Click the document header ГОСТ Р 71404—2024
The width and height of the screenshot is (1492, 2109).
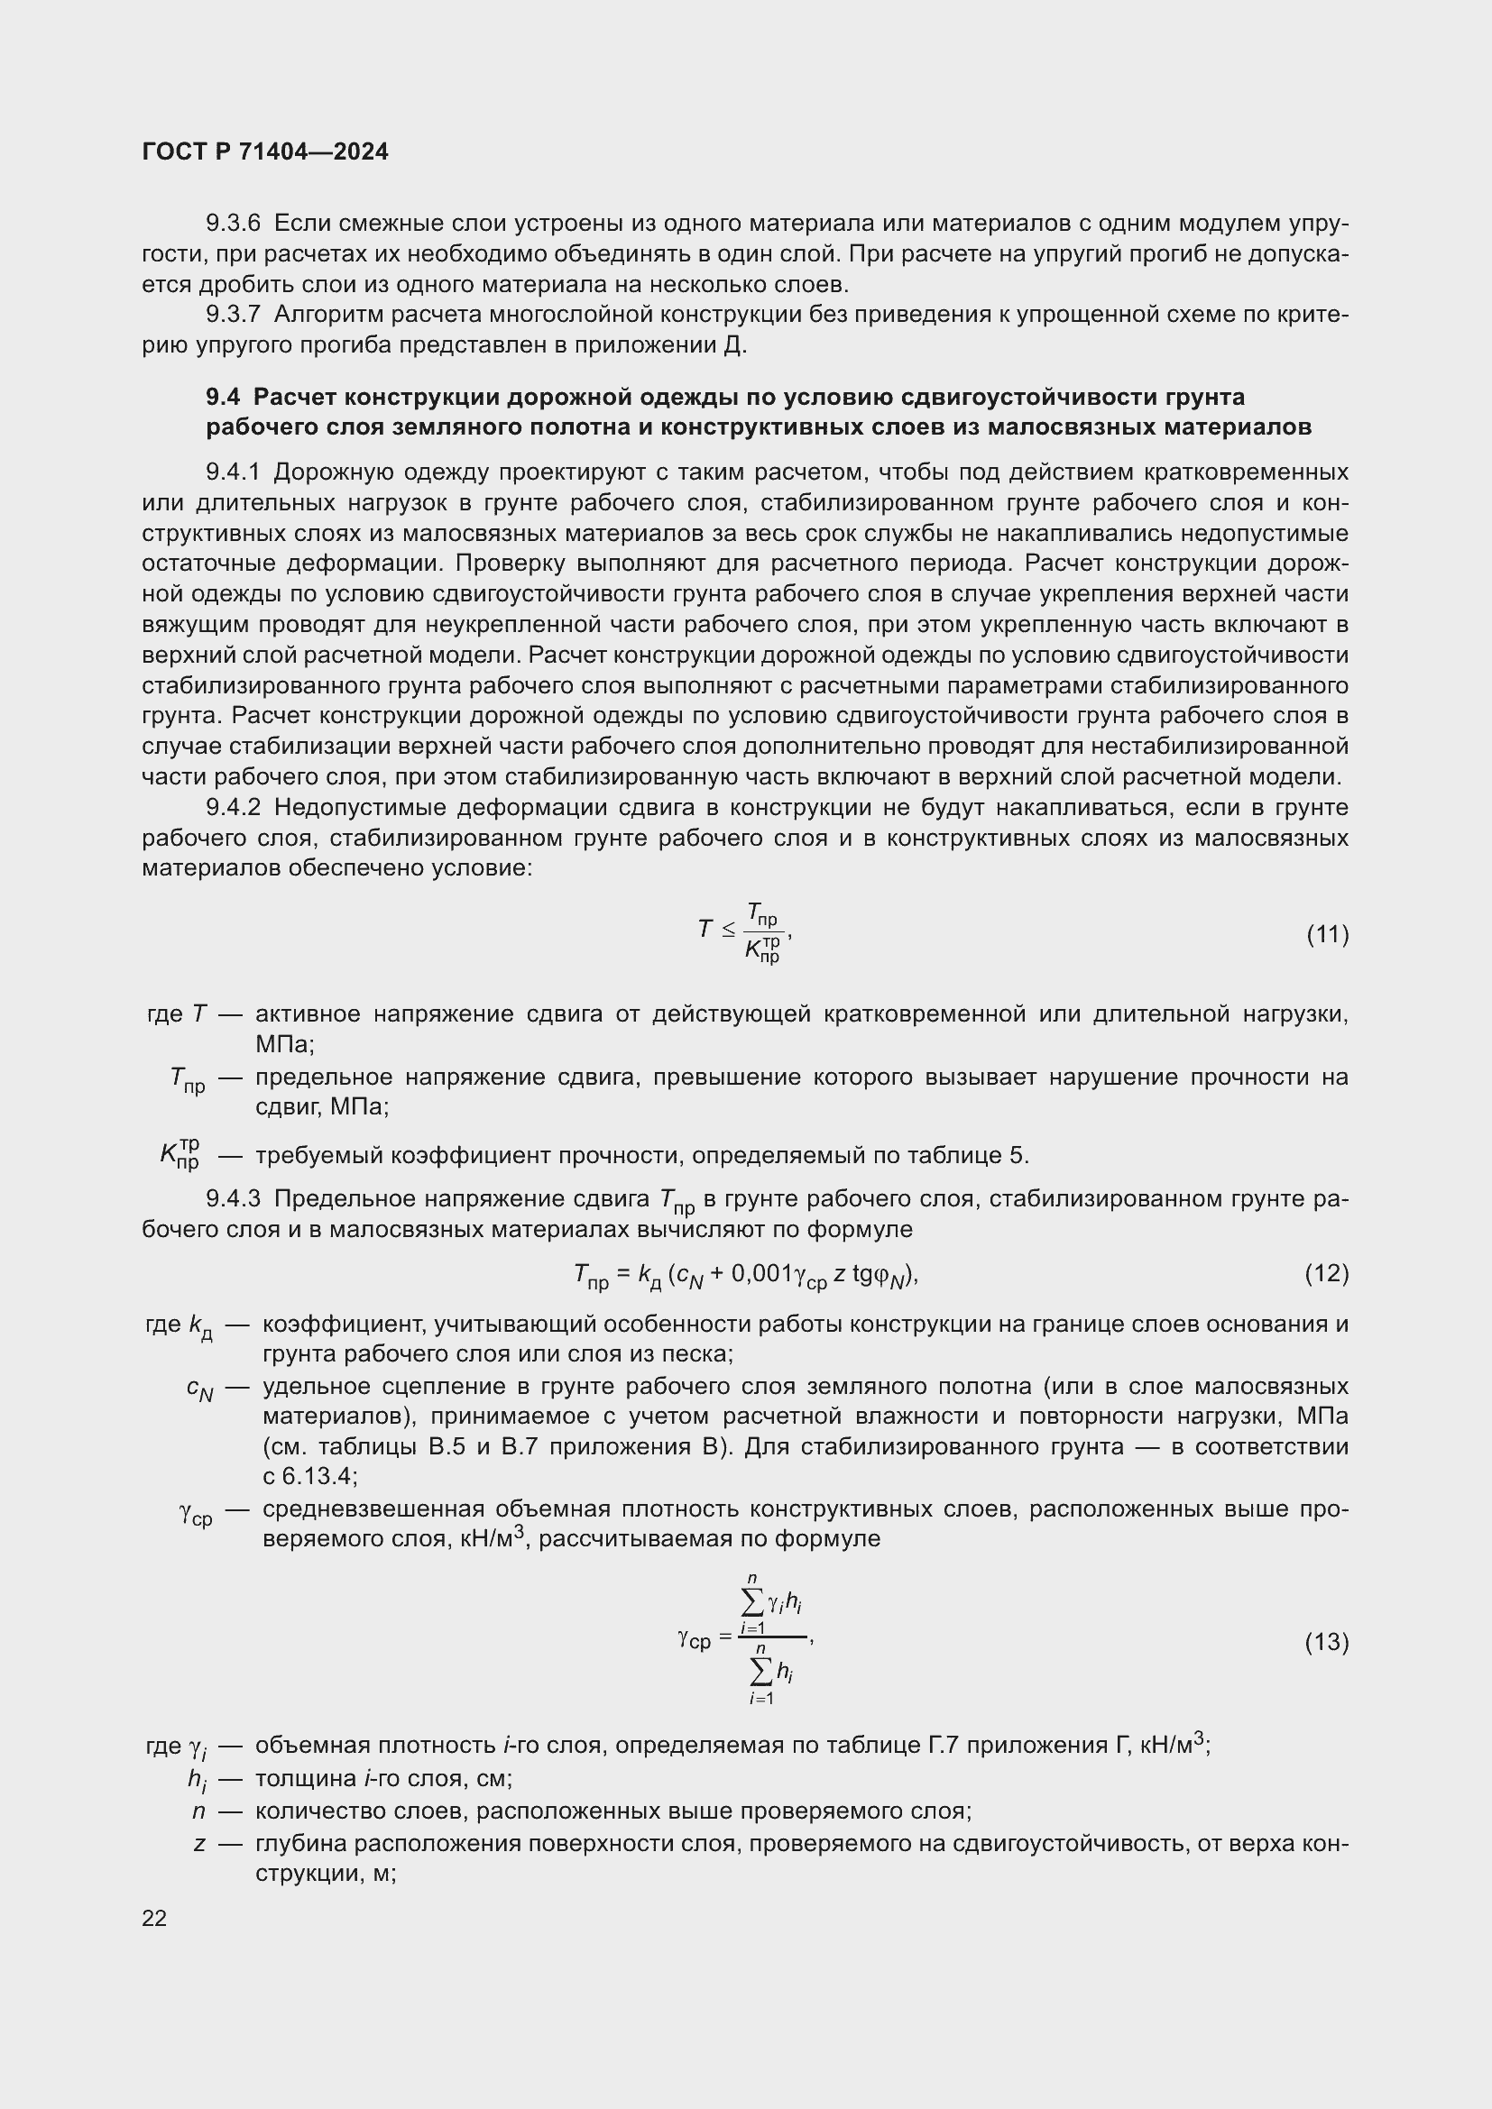265,151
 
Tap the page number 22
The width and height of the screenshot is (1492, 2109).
154,1918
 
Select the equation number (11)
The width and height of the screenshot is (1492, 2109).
1327,935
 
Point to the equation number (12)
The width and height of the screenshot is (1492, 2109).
1327,1273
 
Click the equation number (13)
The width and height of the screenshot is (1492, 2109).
1327,1641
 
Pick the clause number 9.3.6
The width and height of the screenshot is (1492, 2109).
234,224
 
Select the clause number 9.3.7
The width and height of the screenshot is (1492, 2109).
234,314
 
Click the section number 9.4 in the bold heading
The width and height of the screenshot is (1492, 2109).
222,397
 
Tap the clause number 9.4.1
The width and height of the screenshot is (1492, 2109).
234,472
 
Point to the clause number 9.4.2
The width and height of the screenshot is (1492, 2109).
234,807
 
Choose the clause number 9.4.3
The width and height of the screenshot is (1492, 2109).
234,1198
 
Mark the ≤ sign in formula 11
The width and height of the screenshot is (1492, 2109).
728,931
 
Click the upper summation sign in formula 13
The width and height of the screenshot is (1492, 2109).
751,1603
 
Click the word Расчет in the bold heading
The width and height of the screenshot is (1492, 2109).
296,397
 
